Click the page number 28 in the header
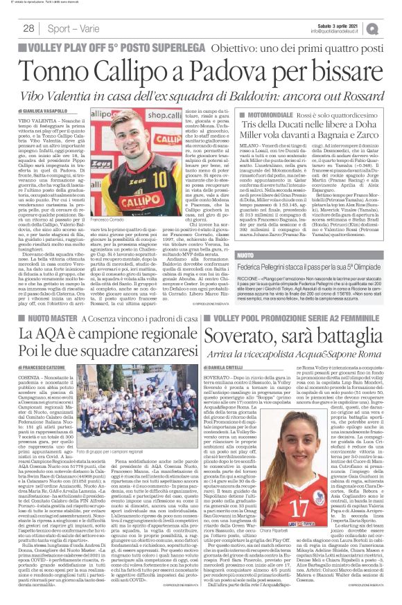[29, 28]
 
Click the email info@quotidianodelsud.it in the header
[347, 31]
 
